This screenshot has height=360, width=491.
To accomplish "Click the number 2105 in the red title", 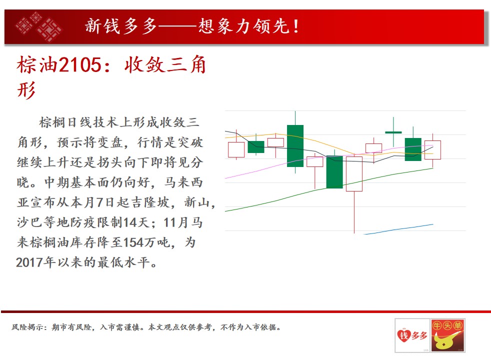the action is (x=80, y=65).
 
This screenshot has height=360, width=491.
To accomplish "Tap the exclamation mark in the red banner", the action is (x=296, y=26).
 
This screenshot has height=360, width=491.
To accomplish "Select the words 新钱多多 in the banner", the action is (x=121, y=26).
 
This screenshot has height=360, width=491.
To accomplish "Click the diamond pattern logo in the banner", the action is (x=38, y=27).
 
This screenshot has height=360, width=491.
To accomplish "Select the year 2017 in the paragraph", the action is (x=29, y=262).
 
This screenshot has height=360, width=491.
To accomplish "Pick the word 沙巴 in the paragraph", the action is (x=30, y=222).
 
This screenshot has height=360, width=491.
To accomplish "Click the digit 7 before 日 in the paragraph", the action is (x=99, y=202).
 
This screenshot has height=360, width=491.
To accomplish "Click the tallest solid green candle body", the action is (x=295, y=146).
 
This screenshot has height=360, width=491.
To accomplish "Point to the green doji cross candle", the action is (x=393, y=132).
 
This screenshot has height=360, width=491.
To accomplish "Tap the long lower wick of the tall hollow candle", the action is (x=354, y=212).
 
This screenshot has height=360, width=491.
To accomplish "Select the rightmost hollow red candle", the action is (x=433, y=150).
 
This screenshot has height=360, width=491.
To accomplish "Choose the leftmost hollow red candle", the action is (x=236, y=149).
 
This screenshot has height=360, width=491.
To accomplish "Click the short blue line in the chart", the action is (x=398, y=229).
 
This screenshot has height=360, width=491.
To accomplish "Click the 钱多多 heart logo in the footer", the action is (x=412, y=335).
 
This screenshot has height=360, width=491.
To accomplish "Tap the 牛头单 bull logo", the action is (x=448, y=335).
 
